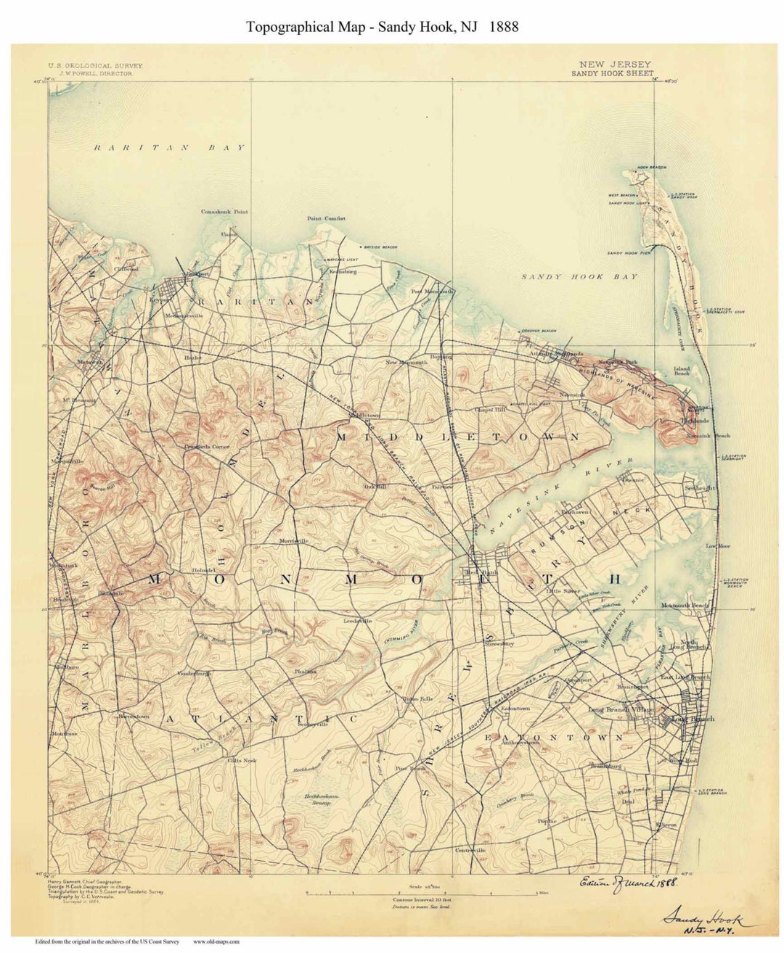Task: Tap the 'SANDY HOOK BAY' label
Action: tap(580, 276)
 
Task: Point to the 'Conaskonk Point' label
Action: tap(224, 212)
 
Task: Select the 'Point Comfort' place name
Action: tap(326, 218)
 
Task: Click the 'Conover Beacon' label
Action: tap(539, 331)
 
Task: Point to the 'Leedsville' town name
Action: tap(357, 621)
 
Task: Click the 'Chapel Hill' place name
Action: tap(489, 410)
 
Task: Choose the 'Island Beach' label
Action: tap(682, 371)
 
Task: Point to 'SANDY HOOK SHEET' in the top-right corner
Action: tap(612, 73)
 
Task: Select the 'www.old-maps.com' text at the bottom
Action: tap(216, 942)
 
